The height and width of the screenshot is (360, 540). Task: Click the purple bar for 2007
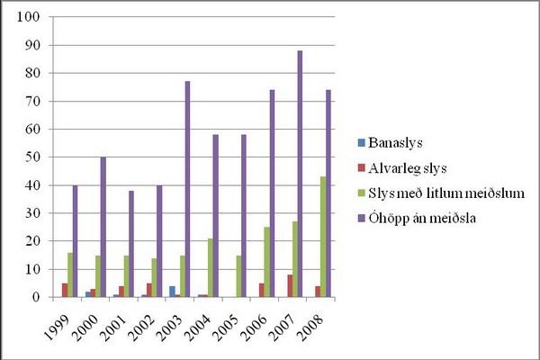300,174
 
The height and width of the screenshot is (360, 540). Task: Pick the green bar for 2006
265,262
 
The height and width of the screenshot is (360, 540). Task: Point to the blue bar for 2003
171,292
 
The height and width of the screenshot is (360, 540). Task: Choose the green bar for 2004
210,267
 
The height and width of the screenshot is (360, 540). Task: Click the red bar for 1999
64,290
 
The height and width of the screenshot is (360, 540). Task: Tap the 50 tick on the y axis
31,157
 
